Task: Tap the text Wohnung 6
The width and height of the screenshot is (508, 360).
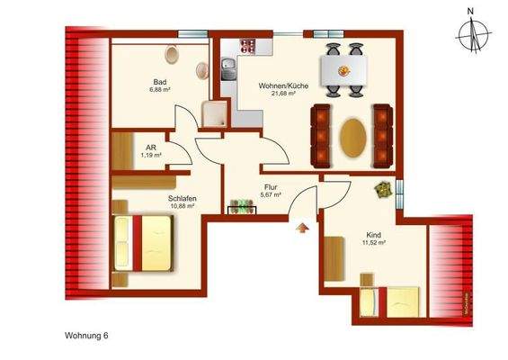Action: coord(88,335)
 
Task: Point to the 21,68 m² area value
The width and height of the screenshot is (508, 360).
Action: coord(284,96)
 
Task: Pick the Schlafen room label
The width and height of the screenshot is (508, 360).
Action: coord(182,197)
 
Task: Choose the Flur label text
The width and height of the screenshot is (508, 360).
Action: coord(271,186)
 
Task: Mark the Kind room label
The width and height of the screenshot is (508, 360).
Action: coord(373,232)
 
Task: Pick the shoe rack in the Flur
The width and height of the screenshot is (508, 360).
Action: coord(242,210)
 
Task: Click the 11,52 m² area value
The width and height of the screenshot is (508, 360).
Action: coord(374,242)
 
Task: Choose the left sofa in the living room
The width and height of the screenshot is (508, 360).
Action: coord(321,136)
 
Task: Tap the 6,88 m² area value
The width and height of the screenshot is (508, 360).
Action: coord(162,90)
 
